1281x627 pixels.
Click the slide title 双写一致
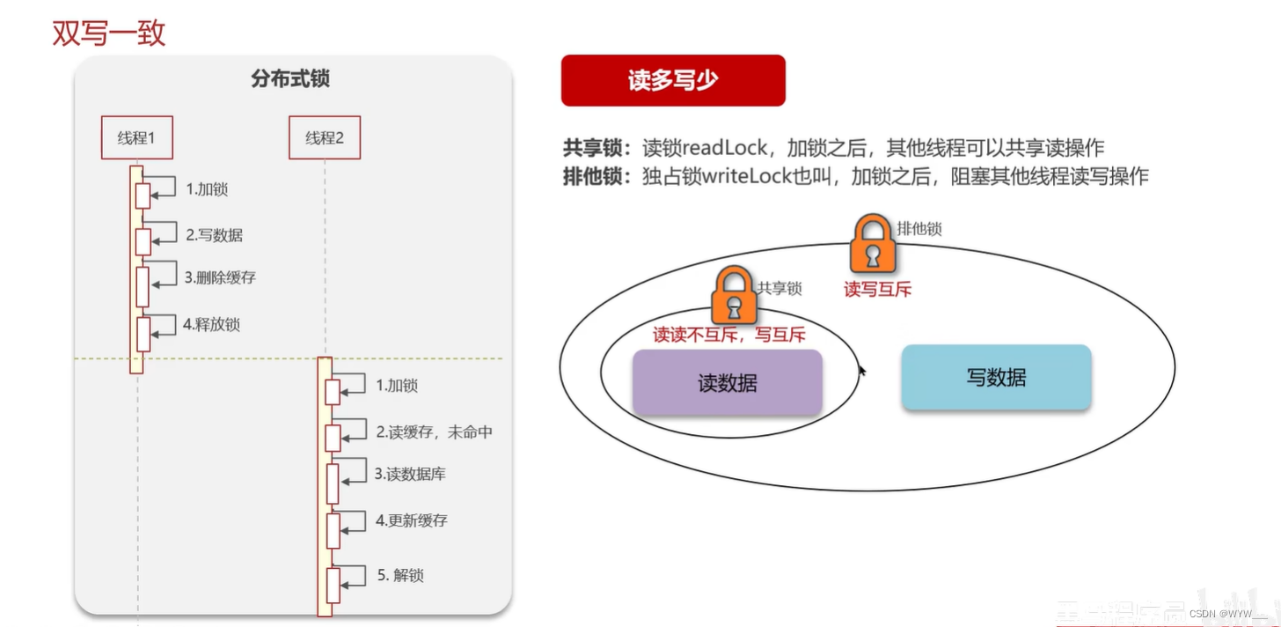point(109,33)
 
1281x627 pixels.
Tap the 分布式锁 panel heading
point(290,79)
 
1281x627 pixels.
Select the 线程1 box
point(136,137)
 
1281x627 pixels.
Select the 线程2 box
point(325,137)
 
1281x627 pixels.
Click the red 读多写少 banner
point(673,80)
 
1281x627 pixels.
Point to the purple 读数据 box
point(727,383)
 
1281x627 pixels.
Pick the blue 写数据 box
point(996,378)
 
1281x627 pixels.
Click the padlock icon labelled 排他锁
point(872,244)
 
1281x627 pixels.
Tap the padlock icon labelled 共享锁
point(735,296)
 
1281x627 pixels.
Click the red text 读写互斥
point(877,289)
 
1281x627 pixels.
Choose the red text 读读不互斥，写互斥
point(728,335)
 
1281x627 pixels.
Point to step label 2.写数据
point(214,235)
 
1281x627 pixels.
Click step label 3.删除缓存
point(220,277)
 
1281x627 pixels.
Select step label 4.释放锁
point(211,324)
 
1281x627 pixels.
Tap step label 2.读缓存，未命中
point(434,432)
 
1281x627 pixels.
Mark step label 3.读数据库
point(410,474)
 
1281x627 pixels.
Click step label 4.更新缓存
point(411,520)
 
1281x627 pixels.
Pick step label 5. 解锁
point(400,575)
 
